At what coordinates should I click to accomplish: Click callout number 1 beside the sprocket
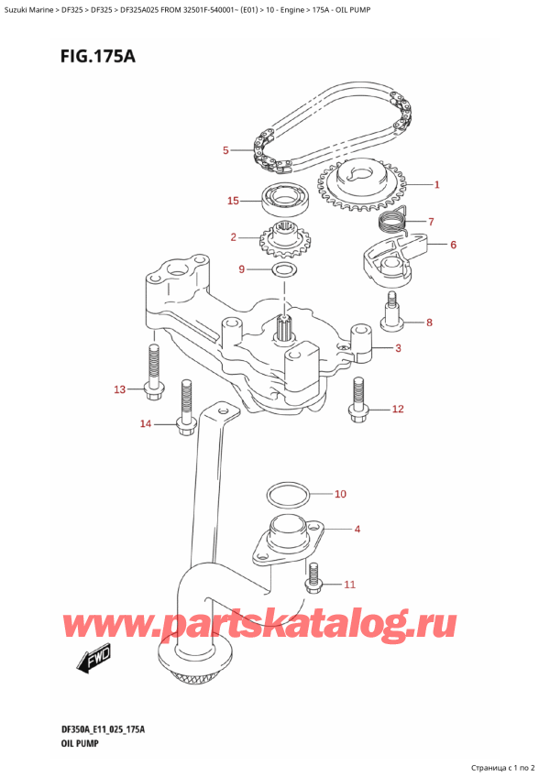tap(437, 185)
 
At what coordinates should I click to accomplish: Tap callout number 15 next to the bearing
tap(234, 201)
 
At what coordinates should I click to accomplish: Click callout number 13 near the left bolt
tap(119, 390)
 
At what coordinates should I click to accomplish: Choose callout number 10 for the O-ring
tap(340, 495)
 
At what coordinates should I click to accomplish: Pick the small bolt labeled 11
tap(315, 576)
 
